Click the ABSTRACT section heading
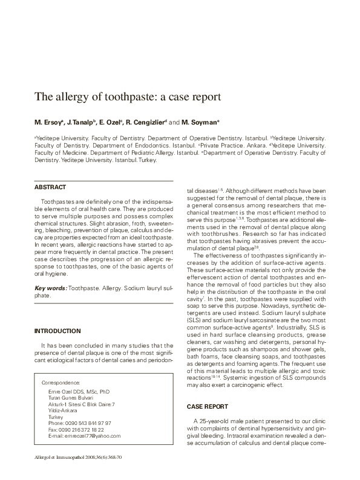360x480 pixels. click(50, 187)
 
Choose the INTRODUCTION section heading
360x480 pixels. click(57, 331)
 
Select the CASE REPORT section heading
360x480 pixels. click(208, 407)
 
